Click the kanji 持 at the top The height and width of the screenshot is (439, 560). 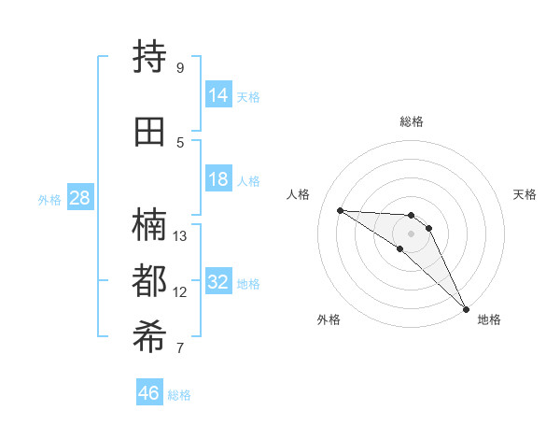[150, 57]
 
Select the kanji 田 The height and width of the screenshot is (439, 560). [150, 131]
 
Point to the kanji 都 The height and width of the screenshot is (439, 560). [150, 281]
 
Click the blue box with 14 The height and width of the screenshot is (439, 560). [218, 95]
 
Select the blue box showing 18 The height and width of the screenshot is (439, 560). [218, 179]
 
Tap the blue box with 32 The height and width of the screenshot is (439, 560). [218, 282]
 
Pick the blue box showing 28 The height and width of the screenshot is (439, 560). [79, 198]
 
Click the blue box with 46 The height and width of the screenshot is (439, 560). [149, 393]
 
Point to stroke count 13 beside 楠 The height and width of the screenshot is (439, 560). [180, 235]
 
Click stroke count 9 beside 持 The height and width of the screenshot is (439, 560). [179, 67]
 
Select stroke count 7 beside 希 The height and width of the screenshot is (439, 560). [179, 348]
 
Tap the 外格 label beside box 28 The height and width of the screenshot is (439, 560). [49, 199]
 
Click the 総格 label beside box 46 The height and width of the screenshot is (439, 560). [179, 395]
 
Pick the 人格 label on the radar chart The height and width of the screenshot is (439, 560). [299, 194]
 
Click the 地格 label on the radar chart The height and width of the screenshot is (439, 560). [489, 319]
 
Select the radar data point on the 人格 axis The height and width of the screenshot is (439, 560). [340, 210]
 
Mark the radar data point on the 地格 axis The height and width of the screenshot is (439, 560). [466, 308]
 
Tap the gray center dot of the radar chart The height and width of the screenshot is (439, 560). [412, 233]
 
